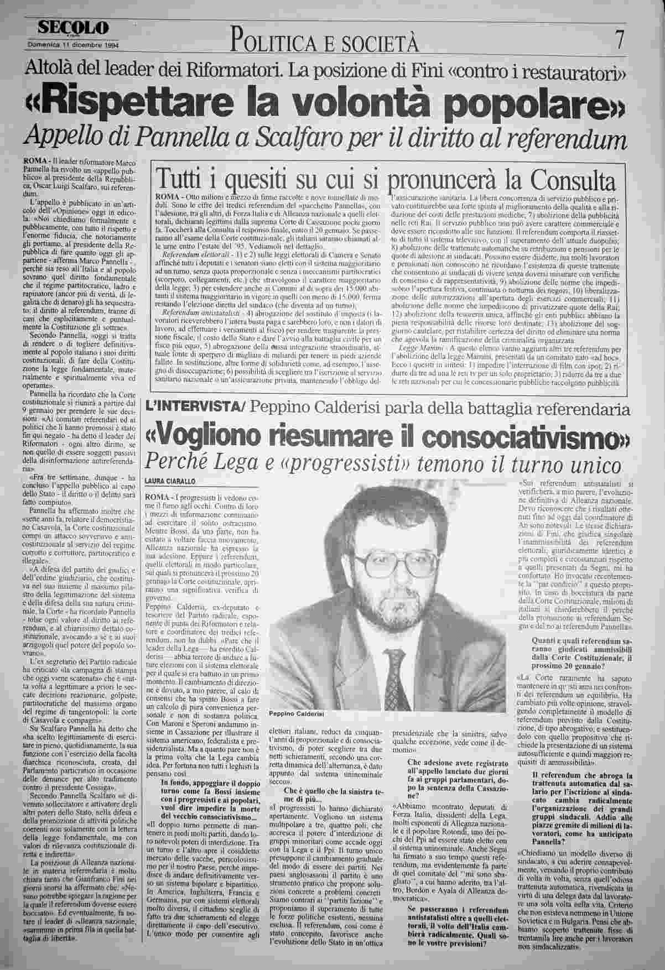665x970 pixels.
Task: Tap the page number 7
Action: point(620,40)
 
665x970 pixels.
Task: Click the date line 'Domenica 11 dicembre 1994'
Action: point(74,45)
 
